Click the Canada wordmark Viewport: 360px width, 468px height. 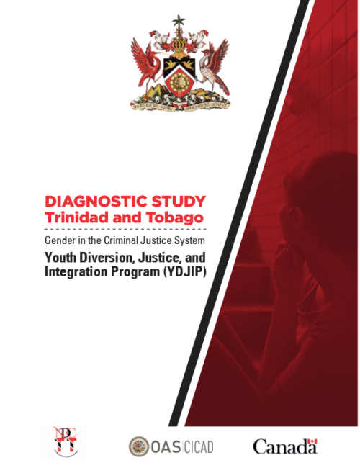coord(284,446)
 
